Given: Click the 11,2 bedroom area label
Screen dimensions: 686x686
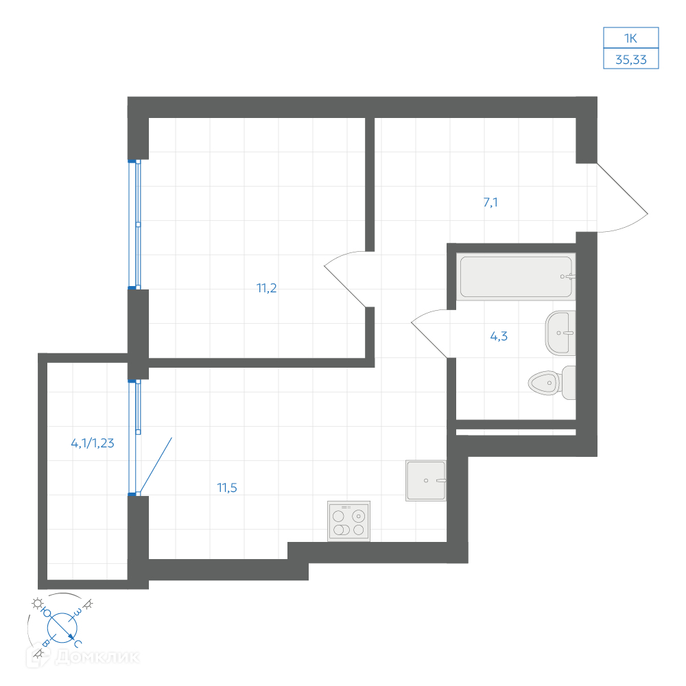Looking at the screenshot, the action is [266, 288].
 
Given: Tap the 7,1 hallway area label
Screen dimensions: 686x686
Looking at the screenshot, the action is [490, 202].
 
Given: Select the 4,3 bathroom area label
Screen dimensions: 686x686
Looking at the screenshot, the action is [499, 336].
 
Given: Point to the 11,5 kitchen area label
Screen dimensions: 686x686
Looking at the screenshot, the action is [227, 488].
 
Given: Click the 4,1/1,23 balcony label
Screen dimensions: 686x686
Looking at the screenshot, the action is [93, 443].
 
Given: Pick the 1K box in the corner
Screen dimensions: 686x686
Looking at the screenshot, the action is [631, 38].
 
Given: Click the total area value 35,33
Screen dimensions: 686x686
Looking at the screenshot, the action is [631, 60].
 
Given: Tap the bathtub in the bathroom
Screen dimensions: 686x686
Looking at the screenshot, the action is [516, 276].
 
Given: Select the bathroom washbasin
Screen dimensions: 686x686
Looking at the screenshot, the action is [560, 333].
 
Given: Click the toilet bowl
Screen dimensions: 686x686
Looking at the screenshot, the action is [552, 383].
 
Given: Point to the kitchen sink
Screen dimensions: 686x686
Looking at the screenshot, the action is [426, 480].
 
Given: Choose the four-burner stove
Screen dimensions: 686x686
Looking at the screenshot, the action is [348, 521].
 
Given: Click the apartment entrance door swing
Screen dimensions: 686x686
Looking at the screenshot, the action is [623, 198].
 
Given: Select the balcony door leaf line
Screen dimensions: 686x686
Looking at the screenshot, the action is [155, 466].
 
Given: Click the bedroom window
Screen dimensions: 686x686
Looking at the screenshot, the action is [134, 224].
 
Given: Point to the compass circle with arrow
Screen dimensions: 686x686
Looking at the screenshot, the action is [62, 628].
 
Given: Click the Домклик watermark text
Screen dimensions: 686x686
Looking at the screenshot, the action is [97, 657].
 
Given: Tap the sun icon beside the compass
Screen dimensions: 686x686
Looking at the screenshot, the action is [38, 603].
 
